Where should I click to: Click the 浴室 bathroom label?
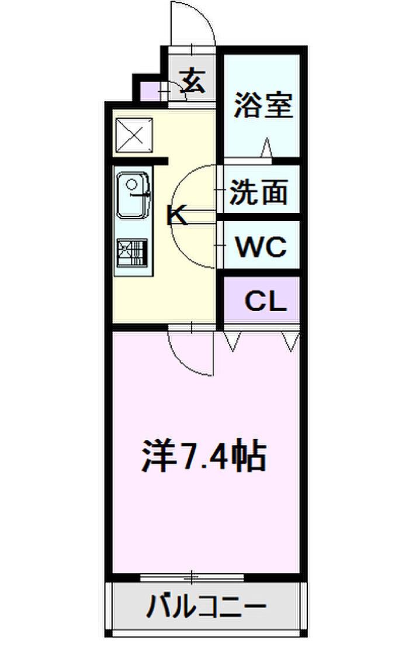pos(264,105)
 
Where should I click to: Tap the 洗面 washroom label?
pos(259,192)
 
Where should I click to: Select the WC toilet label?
pos(261,246)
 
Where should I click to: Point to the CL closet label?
pos(266,301)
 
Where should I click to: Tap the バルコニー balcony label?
pos(206,606)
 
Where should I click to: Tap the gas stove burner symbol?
pos(132,253)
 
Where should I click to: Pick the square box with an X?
pos(134,135)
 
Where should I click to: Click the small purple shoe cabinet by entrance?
pos(150,91)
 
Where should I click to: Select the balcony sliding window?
pos(192,578)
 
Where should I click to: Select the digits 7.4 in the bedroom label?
pos(203,457)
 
